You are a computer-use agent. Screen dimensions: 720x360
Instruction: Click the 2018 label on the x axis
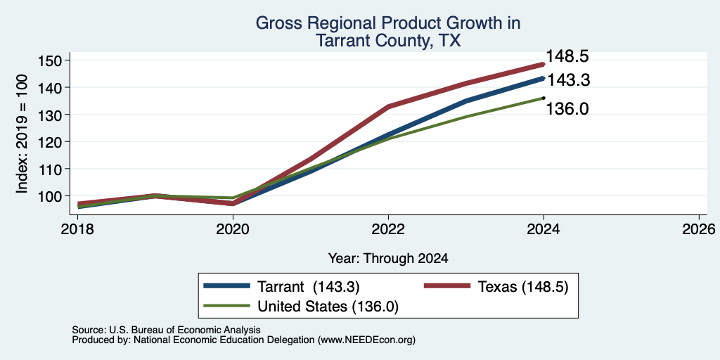77,229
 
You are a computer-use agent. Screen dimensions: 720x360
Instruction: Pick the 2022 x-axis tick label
388,229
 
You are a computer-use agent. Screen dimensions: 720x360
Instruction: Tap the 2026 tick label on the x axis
699,229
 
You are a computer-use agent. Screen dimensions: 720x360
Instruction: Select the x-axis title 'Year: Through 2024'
388,259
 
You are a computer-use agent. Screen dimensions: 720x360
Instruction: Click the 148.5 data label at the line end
567,57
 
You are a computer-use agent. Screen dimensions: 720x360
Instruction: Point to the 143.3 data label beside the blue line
568,80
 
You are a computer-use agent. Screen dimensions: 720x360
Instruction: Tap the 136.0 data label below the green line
567,109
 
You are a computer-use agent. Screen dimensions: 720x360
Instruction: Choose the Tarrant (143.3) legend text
308,287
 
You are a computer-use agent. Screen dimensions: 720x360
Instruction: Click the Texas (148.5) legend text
523,287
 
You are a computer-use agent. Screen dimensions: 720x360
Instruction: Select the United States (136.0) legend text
328,307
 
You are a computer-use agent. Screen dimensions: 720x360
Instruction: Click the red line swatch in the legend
447,287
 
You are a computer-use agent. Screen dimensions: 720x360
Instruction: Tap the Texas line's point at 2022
388,107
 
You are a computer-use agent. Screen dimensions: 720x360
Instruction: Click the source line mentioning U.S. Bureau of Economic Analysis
166,330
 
